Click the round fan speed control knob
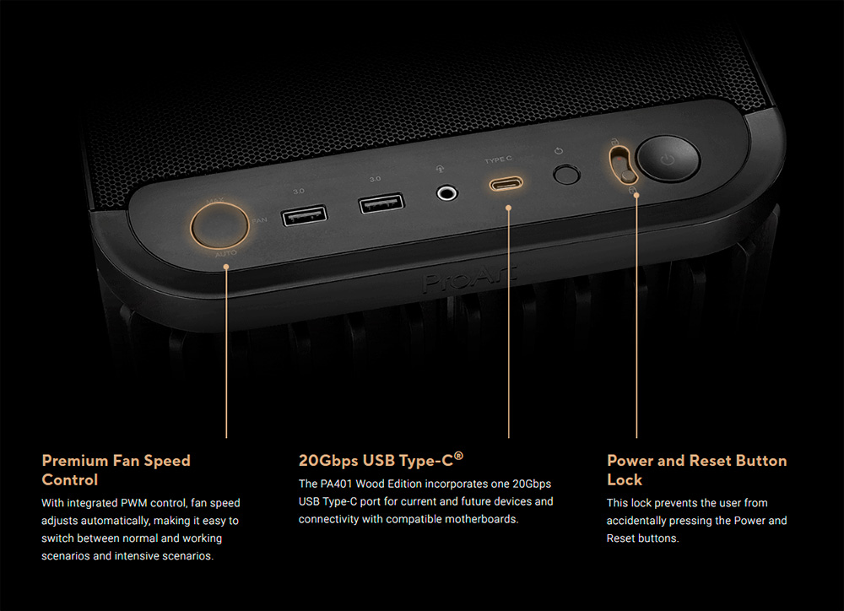point(219,225)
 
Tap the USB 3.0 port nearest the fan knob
point(304,215)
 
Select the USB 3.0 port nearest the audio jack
point(381,203)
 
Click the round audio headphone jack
point(446,192)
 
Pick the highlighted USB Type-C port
point(506,184)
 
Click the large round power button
point(668,159)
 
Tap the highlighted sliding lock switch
point(624,165)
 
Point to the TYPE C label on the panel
point(498,160)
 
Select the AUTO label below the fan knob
point(225,253)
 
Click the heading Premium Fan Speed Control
point(116,470)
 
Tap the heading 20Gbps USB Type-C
point(381,460)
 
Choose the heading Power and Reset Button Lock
point(696,470)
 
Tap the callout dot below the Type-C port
point(508,208)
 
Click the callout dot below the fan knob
point(226,267)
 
